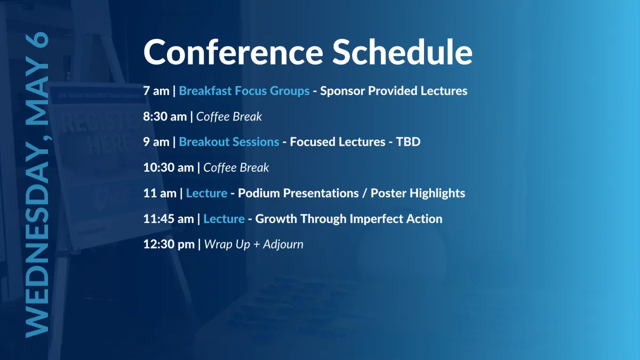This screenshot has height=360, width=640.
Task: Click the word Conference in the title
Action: click(233, 52)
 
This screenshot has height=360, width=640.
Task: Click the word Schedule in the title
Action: click(402, 52)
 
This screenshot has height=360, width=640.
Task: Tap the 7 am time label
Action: click(156, 91)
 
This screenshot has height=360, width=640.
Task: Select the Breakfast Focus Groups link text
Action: click(244, 91)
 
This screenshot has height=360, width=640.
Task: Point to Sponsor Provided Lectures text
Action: click(394, 91)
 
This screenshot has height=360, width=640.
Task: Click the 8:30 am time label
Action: click(165, 117)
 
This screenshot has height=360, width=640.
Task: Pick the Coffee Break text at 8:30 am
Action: click(229, 117)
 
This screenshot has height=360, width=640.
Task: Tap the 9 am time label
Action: click(156, 142)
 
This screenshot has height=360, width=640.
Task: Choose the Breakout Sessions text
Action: click(229, 142)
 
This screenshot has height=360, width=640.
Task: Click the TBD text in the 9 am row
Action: click(409, 142)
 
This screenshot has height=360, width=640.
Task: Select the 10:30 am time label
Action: click(169, 167)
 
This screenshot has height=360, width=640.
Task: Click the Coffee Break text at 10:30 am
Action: click(236, 167)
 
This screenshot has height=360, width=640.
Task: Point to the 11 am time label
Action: click(159, 194)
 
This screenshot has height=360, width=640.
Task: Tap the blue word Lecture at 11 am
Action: click(206, 194)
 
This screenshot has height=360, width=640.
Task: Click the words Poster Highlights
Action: click(418, 194)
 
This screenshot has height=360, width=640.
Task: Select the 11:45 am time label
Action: click(169, 219)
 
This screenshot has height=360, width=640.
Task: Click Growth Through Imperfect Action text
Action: click(349, 219)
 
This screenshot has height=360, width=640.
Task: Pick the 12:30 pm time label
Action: click(169, 245)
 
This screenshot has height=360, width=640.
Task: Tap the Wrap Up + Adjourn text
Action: click(254, 245)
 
